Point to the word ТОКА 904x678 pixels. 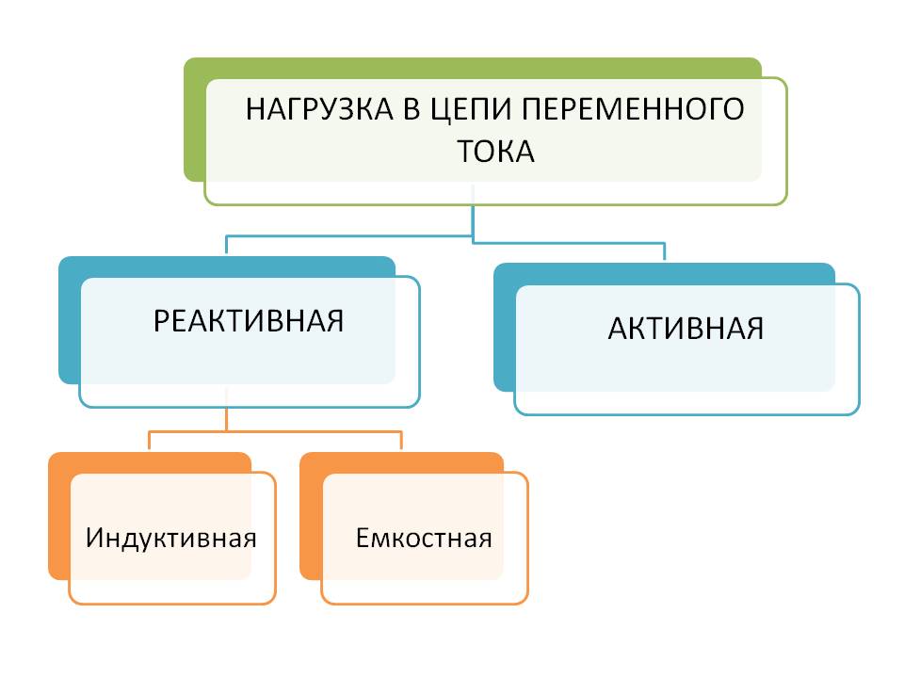pos(495,151)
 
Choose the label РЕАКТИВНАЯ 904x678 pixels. pos(249,320)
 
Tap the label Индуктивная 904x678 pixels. pos(171,539)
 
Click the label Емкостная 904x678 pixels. pos(424,539)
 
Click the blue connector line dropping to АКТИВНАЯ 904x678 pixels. pos(665,250)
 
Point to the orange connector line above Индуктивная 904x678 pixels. pos(149,441)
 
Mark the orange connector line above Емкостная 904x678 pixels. pos(401,441)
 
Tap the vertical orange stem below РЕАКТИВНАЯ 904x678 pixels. pos(227,418)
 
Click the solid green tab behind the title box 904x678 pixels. pos(194,122)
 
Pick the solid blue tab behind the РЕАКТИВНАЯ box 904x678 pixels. pos(69,320)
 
